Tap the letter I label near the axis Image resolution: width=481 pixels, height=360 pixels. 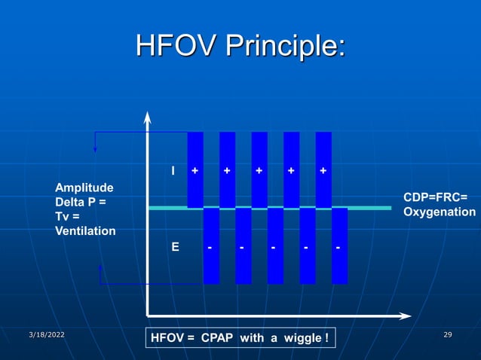[174, 171]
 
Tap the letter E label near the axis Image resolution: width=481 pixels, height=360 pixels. [175, 246]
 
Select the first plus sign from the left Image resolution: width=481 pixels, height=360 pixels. [195, 171]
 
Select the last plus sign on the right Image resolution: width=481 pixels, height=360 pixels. [323, 171]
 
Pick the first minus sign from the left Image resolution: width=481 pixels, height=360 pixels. [210, 246]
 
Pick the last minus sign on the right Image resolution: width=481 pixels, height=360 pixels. [339, 246]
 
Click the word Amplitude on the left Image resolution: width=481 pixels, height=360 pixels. [84, 187]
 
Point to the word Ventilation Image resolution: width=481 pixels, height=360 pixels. [86, 230]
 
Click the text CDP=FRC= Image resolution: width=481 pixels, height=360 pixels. [435, 197]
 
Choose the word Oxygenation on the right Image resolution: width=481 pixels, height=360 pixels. [439, 212]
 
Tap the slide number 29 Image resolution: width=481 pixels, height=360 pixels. [448, 334]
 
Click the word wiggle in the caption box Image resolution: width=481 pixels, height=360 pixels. [301, 338]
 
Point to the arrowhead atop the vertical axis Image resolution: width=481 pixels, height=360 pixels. [147, 117]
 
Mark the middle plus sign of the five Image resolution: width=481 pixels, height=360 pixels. [259, 171]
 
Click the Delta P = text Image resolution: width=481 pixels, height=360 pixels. [80, 202]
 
